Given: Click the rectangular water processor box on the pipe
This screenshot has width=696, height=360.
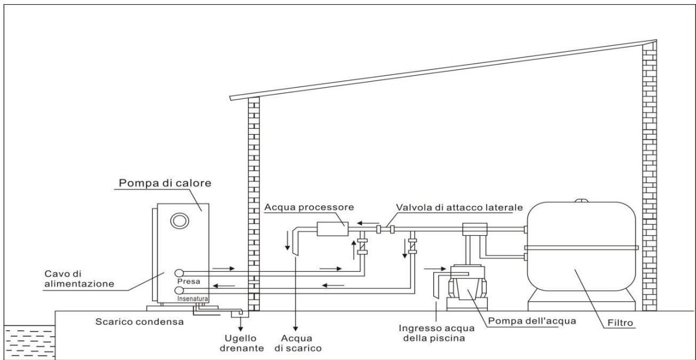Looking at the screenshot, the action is [332, 228].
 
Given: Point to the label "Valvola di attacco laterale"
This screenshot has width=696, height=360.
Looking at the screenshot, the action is [459, 208].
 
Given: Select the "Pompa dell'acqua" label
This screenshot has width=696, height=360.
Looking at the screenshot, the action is [531, 321].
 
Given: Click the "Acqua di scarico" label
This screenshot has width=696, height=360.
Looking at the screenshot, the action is [297, 343].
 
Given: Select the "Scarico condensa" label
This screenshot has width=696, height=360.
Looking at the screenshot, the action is [139, 321].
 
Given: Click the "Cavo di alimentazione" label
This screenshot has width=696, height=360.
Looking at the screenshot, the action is [79, 279].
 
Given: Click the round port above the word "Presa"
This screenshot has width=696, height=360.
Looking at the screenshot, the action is [179, 272].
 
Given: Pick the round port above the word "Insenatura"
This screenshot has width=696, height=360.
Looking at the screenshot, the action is [179, 290].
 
